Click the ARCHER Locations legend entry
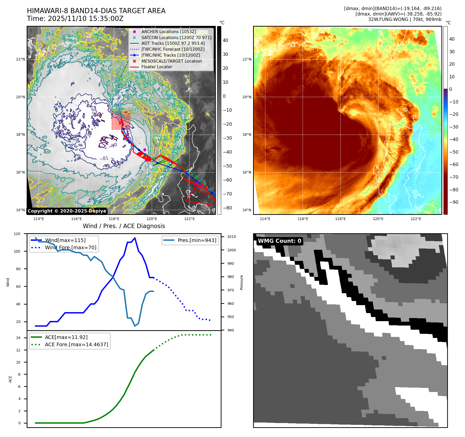pos(168,32)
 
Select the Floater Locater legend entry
pos(157,67)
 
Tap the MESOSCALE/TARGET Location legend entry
pos(171,61)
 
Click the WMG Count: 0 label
pos(279,241)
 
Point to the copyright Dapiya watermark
pos(67,211)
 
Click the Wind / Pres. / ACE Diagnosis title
pos(124,226)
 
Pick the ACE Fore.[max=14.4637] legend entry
pos(76,344)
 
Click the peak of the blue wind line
pos(135,238)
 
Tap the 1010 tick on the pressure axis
pos(232,237)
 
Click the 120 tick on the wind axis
pos(17,234)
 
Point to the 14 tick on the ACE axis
pos(18,338)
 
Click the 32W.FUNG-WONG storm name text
pos(385,19)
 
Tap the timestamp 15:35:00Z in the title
pos(106,19)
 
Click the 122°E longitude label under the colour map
pos(416,219)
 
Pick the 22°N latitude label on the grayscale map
pos(21,59)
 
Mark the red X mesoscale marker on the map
pos(120,123)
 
